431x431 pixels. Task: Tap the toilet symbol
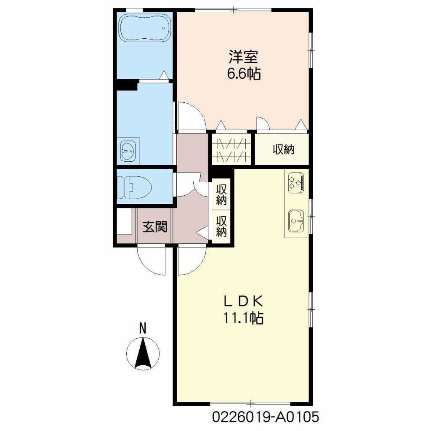pos(135,187)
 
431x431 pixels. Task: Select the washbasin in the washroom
pos(128,151)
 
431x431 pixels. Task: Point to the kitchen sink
pos(296,221)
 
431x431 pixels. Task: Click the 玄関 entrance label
pos(155,227)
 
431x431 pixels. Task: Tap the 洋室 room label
pos(244,57)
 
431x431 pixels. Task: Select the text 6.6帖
pos(244,74)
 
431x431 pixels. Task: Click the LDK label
pos(244,301)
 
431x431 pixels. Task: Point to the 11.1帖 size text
pos(243,318)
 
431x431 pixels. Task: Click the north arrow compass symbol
pos(143,354)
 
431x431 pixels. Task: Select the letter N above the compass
pos(143,328)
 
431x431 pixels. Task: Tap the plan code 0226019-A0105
pos(266,417)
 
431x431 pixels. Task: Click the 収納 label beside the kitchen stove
pos(283,149)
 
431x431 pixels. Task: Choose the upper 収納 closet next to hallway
pos(221,194)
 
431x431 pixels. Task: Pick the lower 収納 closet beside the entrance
pos(221,226)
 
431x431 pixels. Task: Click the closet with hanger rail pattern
pos(231,149)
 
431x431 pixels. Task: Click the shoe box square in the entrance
pos(125,221)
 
